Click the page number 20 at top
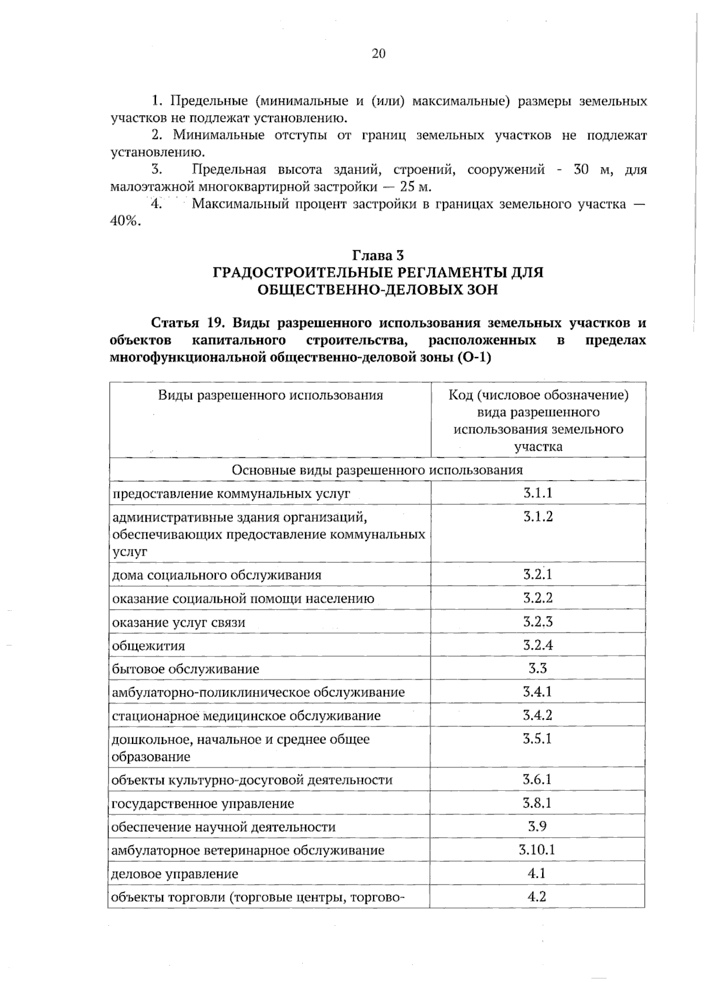[x=378, y=54]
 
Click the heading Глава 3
[x=378, y=256]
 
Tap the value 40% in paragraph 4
[x=126, y=222]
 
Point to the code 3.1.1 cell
[x=537, y=492]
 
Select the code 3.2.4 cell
[x=537, y=645]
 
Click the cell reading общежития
[x=148, y=646]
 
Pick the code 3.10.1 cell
[x=537, y=850]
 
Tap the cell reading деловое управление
[x=175, y=874]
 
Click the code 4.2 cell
[x=537, y=896]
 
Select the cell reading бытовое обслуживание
[x=185, y=669]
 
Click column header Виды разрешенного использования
[x=270, y=395]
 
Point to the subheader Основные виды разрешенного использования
[x=377, y=470]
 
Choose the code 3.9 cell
[x=537, y=827]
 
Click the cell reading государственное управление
[x=203, y=804]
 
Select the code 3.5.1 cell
[x=537, y=739]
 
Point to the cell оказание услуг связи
[x=178, y=623]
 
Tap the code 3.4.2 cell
[x=537, y=715]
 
